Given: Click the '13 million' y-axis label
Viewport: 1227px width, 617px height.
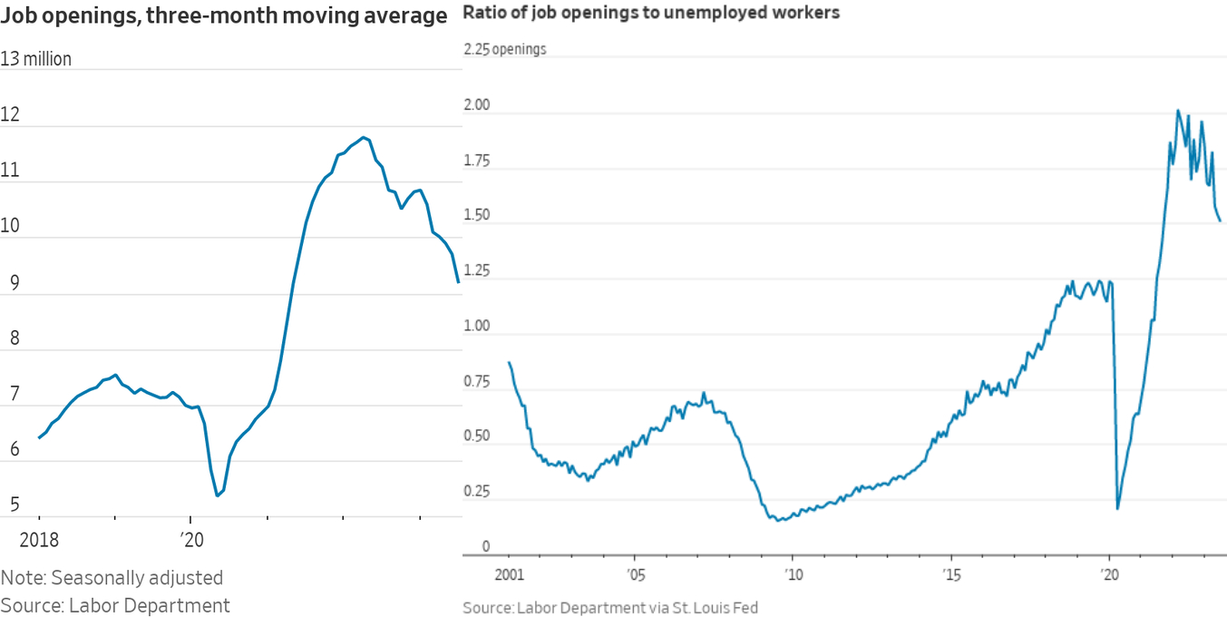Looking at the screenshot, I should tap(36, 60).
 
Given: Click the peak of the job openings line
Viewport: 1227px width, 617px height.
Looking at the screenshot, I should tap(364, 137).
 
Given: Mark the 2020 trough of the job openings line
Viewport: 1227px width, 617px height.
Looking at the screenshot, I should tap(217, 495).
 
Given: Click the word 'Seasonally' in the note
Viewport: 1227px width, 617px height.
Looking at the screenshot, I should tap(109, 578).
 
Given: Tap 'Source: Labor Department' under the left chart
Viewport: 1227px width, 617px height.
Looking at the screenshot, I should tap(115, 605).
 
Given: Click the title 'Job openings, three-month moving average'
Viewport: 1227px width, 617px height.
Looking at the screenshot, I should tap(224, 16).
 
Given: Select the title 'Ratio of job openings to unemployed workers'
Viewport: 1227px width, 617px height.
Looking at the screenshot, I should tap(651, 13).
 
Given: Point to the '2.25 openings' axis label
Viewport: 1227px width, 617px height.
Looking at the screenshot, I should tap(505, 49).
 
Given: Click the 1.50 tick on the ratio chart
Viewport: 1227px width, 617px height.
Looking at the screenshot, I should tap(476, 216).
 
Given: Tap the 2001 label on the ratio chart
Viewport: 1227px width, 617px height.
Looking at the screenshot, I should tap(510, 574).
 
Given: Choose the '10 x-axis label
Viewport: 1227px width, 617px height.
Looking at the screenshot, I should tap(793, 574).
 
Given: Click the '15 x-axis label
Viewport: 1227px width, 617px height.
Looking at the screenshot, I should tap(951, 574).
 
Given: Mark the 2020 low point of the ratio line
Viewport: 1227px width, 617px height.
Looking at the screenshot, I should tap(1117, 508).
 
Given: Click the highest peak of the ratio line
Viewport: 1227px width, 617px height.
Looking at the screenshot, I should tap(1178, 111).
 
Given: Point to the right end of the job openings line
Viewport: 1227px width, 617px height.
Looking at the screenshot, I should tap(459, 282).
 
